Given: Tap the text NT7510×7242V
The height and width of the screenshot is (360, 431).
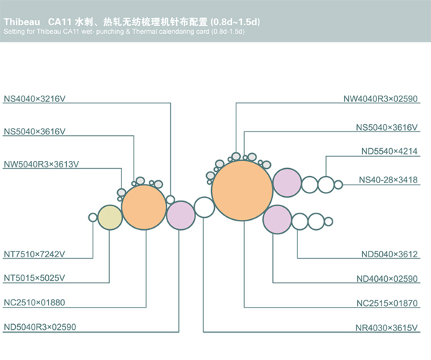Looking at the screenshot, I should (x=34, y=254).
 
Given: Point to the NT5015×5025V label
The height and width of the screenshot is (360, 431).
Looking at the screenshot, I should (x=34, y=278).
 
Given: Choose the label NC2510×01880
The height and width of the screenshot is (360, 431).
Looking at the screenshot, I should (x=34, y=303).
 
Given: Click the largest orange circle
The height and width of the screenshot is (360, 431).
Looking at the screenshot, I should (x=242, y=190).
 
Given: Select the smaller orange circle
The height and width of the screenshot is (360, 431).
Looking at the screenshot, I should (x=144, y=207).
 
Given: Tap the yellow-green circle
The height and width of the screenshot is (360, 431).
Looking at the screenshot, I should (x=110, y=217).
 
